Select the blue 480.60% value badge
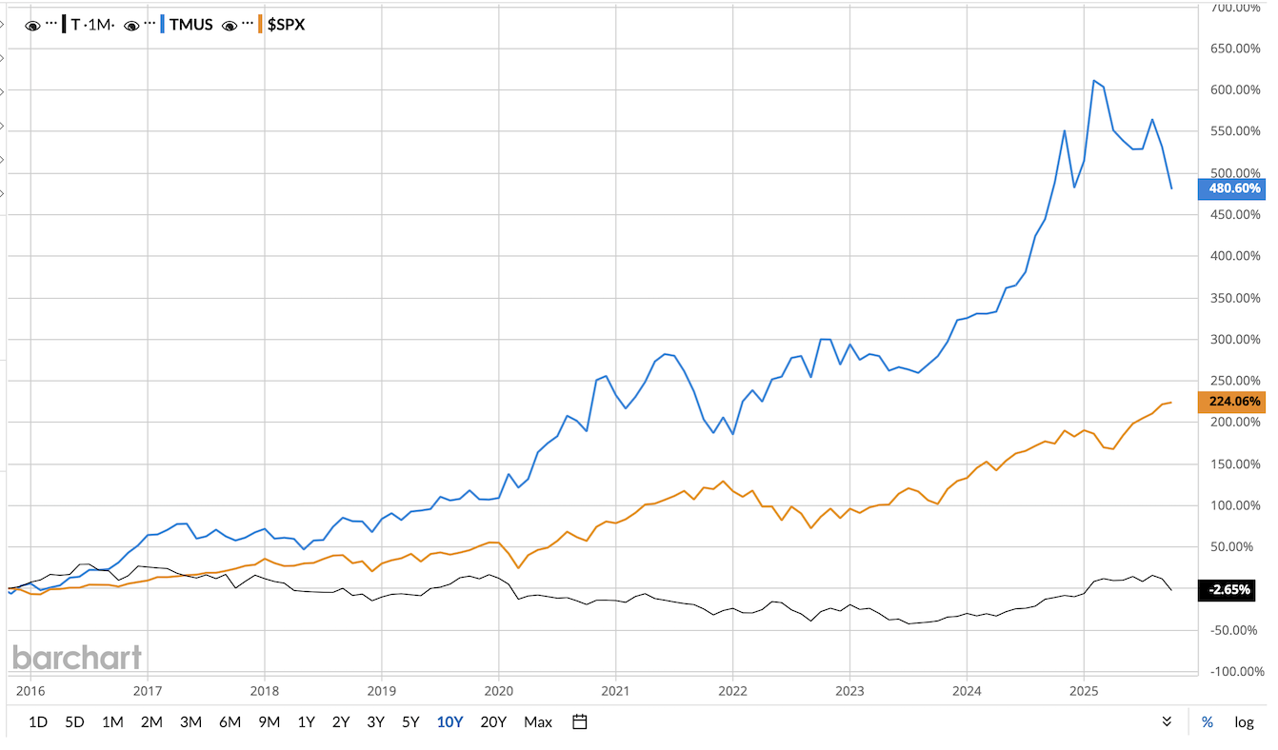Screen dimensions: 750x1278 pos(1235,188)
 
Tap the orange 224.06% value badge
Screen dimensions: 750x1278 pos(1235,402)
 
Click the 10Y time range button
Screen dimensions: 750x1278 pos(449,721)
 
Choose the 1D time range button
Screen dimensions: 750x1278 pos(38,721)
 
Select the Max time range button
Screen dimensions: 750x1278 pos(538,721)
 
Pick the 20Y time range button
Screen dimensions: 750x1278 pos(493,721)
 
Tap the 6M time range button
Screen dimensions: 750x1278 pos(230,721)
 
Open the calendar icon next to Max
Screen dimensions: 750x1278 pos(579,721)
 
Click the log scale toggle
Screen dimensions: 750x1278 pos(1244,721)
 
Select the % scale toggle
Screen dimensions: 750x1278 pos(1207,721)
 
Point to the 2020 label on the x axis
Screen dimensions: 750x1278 pos(499,690)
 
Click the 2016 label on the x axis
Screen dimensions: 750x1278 pos(31,690)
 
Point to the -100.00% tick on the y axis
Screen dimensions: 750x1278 pos(1236,672)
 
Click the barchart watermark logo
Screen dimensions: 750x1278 pos(77,657)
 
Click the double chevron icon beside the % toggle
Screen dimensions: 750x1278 pos(1167,721)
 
